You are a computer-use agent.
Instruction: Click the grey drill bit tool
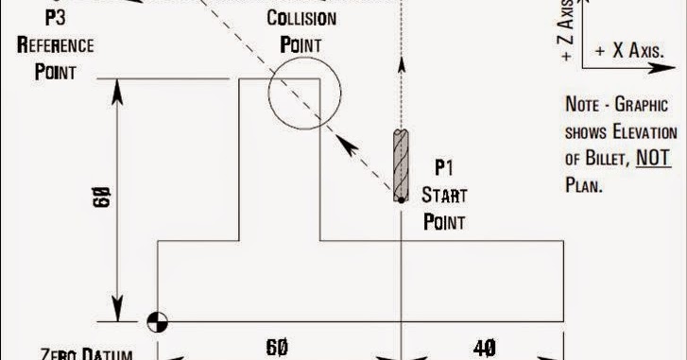(399, 165)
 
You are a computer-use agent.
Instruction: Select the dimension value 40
(482, 348)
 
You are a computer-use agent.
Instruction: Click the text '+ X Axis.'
(628, 50)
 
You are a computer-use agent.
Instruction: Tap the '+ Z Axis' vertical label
(566, 36)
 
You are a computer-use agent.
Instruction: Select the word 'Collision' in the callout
(301, 20)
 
